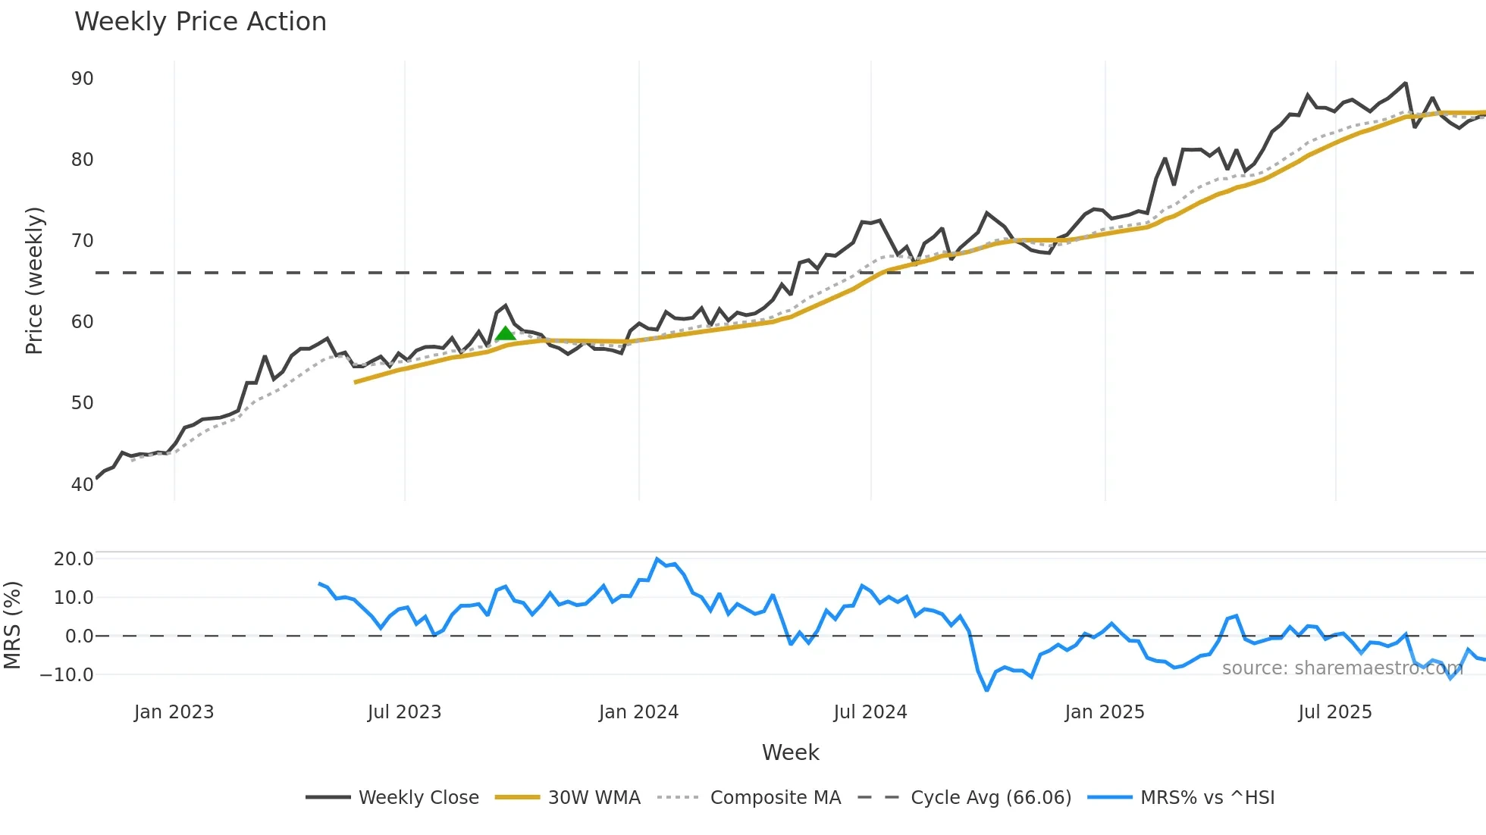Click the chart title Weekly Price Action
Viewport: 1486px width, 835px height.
coord(200,22)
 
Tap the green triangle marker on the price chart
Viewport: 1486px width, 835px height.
coord(505,333)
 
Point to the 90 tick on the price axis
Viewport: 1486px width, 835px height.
coord(82,79)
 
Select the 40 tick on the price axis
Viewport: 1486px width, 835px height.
coord(82,484)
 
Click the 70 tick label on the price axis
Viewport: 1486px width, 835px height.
coord(82,241)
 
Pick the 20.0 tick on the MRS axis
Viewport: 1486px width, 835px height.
coord(74,559)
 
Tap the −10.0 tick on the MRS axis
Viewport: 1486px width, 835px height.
coord(67,674)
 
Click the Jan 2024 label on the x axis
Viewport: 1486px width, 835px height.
coord(638,712)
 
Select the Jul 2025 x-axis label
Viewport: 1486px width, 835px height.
coord(1334,712)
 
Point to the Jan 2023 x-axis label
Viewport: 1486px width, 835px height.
coord(174,712)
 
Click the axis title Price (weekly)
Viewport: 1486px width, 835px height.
coord(34,280)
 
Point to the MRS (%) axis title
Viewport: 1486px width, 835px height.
coord(13,625)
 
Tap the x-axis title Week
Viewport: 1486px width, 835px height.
coord(790,752)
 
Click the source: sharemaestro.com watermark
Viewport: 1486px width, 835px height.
coord(1342,668)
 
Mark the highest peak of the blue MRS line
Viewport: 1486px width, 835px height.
coord(657,559)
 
